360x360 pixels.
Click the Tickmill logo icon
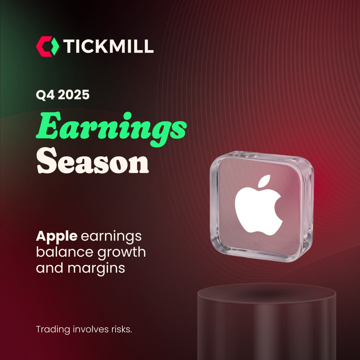coord(48,46)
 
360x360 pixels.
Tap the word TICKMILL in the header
coord(108,46)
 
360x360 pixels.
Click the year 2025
coord(73,95)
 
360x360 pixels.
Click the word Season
coord(93,161)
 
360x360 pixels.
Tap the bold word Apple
coord(56,236)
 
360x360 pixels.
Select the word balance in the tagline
coord(65,252)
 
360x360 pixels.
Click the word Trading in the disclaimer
coord(53,330)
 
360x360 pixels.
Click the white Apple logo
coord(259,205)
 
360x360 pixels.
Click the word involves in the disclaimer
coord(91,329)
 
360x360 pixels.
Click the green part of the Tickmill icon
coord(54,46)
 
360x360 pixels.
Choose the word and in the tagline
coord(50,268)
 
